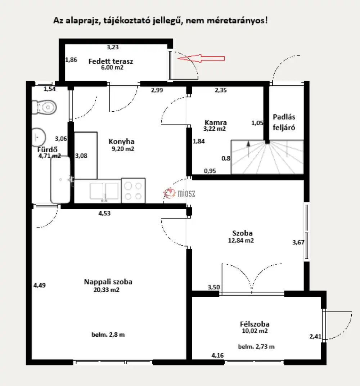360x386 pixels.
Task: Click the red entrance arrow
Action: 201,58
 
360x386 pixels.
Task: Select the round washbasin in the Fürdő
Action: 39,137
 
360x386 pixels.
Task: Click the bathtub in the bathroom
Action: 60,180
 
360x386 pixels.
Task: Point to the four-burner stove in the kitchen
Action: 133,190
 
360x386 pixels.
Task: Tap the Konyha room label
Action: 122,142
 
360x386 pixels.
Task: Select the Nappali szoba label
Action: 108,282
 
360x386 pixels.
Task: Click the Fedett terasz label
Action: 111,61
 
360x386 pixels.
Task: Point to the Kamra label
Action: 216,122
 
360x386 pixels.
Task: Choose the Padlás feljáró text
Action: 284,122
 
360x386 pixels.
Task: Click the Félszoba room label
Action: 255,324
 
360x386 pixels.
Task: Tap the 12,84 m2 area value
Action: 241,240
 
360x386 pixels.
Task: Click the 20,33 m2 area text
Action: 106,289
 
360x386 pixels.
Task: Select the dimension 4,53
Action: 104,213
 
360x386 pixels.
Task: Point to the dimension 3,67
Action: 298,242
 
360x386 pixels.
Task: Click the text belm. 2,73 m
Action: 256,347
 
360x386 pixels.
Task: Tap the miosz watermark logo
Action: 179,193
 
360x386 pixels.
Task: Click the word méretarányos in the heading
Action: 237,21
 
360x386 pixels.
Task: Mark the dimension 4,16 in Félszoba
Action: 218,355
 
